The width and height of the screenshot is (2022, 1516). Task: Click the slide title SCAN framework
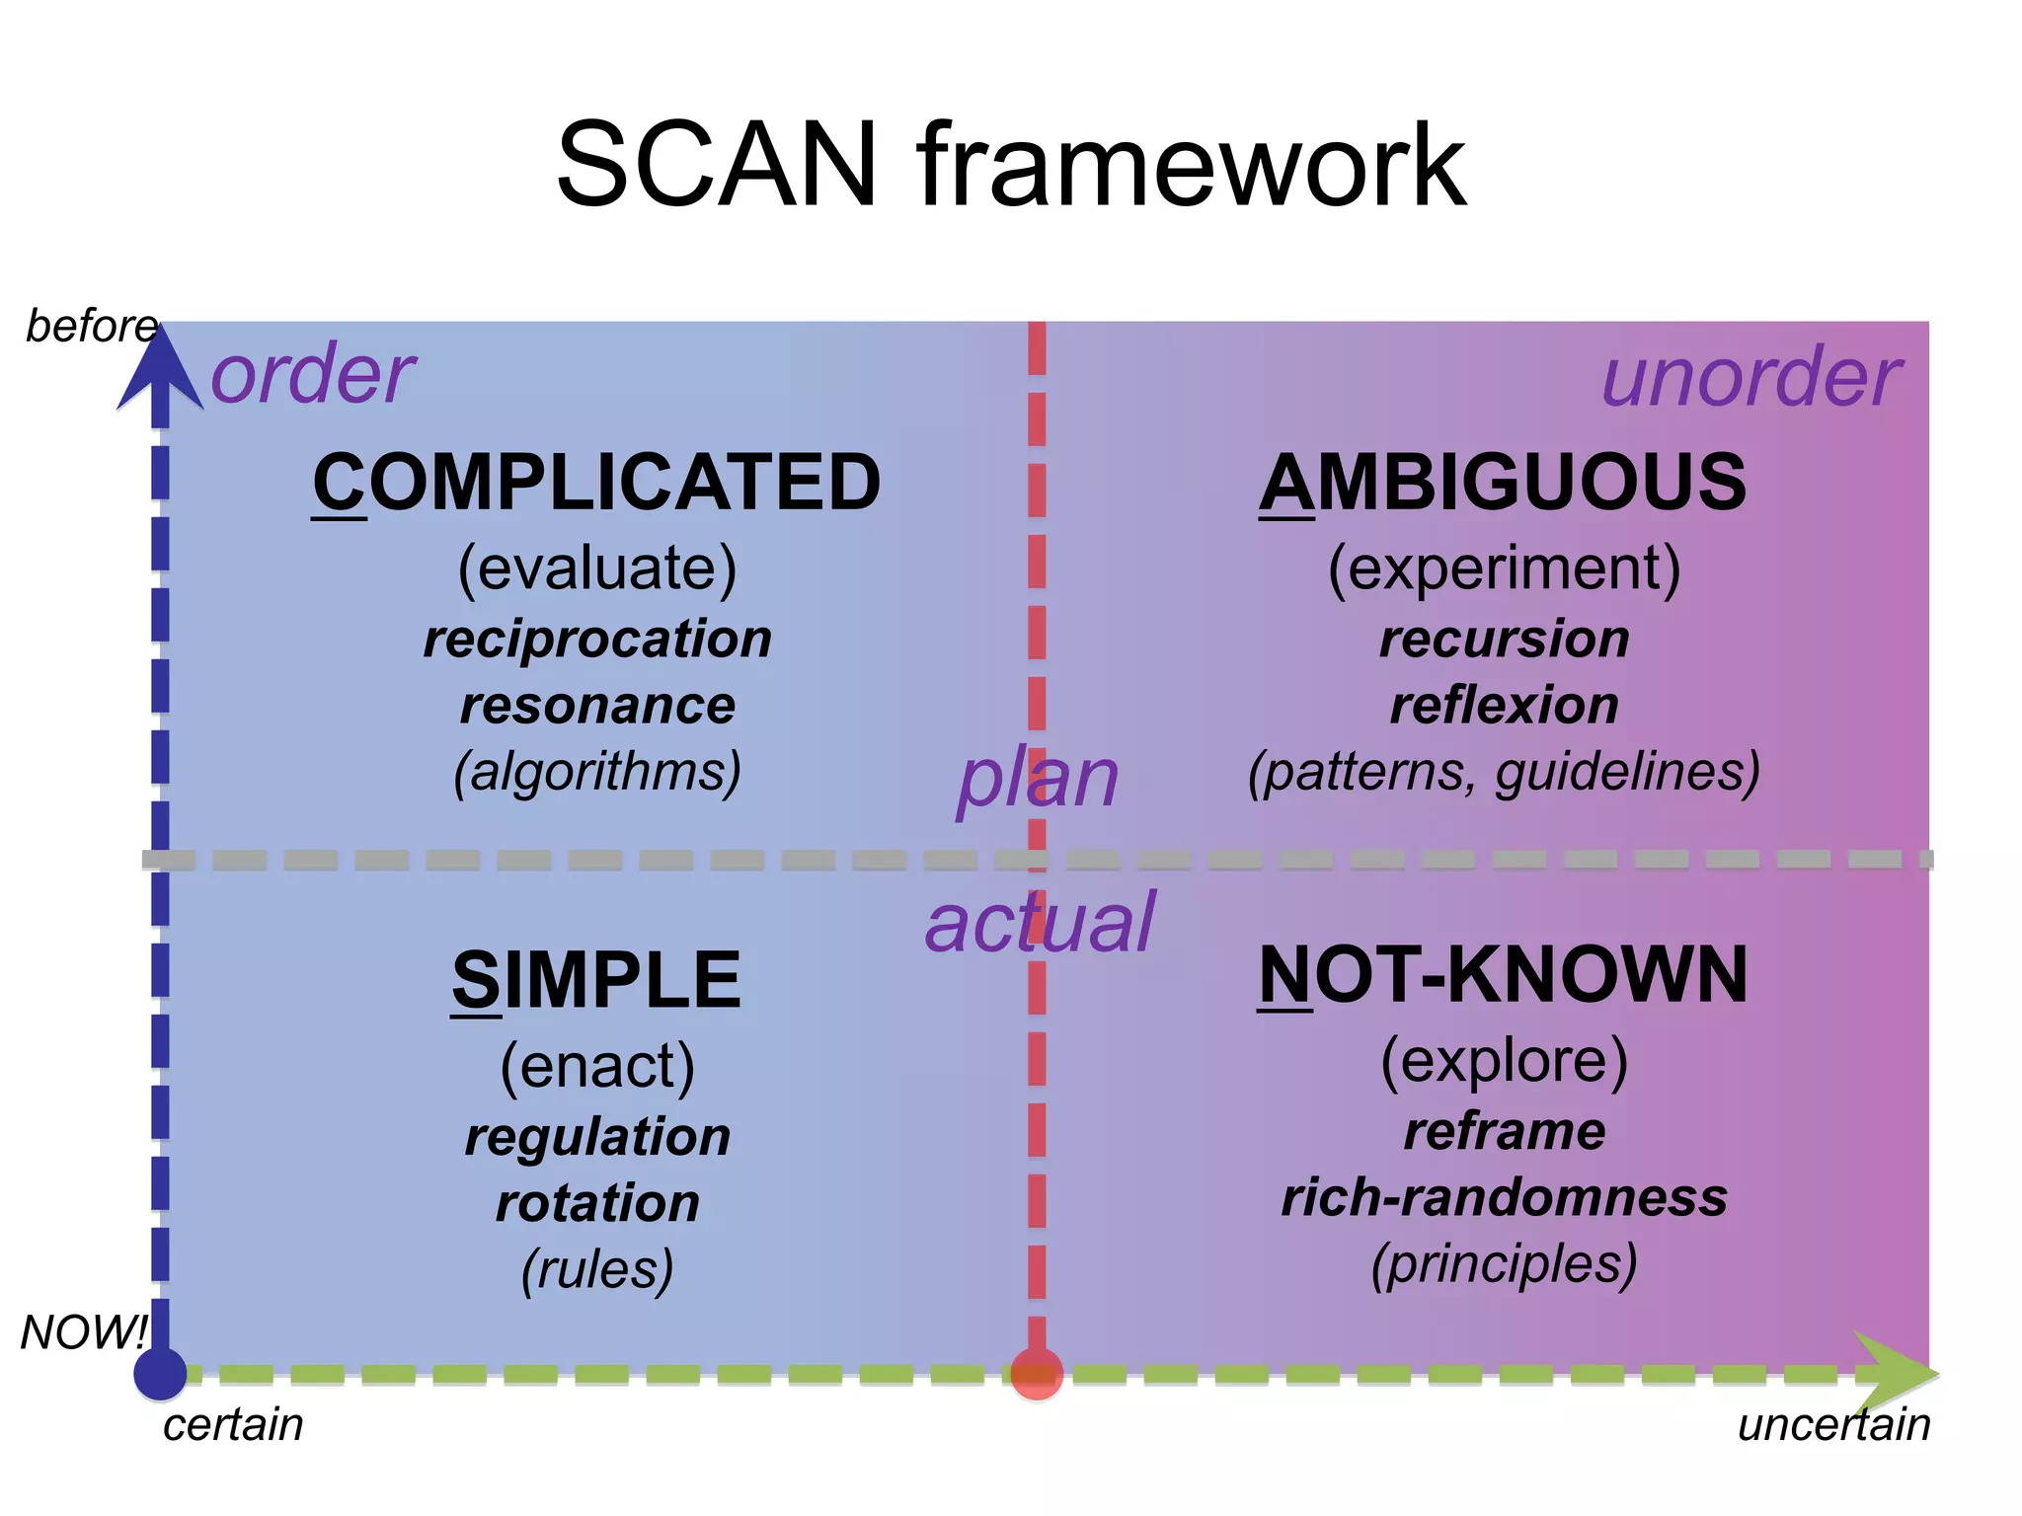point(1010,166)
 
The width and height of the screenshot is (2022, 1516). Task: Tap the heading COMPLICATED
point(596,483)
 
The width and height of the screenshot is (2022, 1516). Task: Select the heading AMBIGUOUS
point(1503,483)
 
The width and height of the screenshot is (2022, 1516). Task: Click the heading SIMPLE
point(596,980)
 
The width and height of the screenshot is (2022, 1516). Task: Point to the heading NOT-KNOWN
point(1503,975)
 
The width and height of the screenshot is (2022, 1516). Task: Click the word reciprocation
point(597,639)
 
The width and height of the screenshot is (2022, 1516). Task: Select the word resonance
point(597,705)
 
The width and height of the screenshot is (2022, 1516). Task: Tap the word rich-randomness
point(1504,1197)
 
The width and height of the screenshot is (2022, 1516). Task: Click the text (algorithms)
point(597,771)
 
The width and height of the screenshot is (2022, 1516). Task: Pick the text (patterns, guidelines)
point(1504,771)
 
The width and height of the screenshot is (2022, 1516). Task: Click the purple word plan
point(1038,779)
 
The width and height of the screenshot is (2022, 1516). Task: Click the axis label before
point(91,326)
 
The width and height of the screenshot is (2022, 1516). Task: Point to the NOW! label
point(83,1332)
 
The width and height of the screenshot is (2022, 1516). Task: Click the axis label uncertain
point(1833,1425)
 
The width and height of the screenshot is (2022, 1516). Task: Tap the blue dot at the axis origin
point(160,1373)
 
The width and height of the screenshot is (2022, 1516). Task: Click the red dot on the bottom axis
point(1037,1374)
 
